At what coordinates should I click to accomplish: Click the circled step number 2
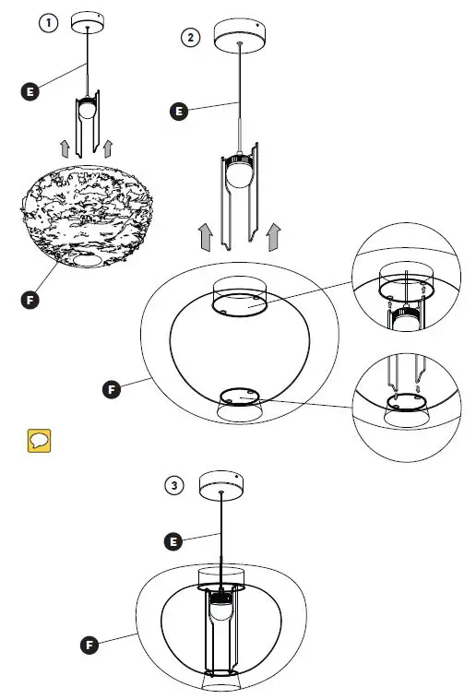pos(191,37)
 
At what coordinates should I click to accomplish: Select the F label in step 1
pos(30,299)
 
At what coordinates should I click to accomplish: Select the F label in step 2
pos(112,390)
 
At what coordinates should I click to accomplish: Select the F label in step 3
pos(89,645)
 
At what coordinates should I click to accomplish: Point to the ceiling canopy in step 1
pos(88,20)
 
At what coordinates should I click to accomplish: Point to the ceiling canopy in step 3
pos(222,482)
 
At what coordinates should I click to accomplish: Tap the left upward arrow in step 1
pos(65,148)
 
